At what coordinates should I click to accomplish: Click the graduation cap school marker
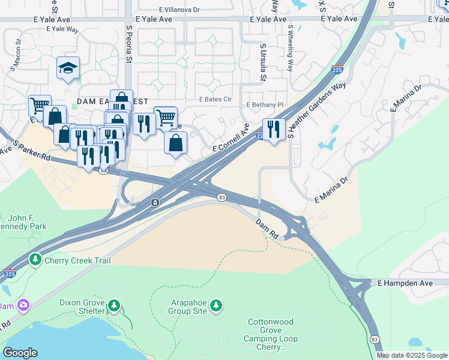click(68, 68)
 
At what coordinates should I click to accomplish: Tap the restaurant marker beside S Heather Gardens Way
click(274, 129)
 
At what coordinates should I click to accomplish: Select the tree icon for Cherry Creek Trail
click(36, 259)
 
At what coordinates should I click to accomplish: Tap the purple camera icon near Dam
click(23, 305)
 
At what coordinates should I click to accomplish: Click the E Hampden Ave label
click(404, 282)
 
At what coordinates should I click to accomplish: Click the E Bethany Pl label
click(265, 104)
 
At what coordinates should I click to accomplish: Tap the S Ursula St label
click(263, 61)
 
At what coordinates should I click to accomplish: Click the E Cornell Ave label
click(231, 139)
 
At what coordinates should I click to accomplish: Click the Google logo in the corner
click(19, 353)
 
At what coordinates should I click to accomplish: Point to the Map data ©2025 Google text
click(411, 355)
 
